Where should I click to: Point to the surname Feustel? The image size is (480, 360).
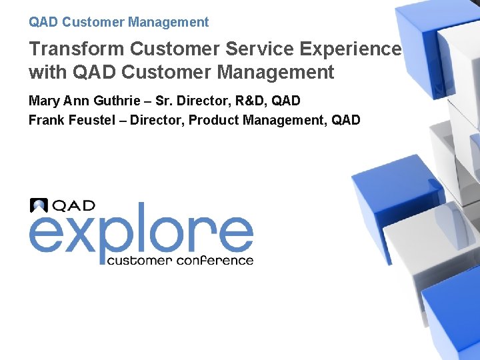[x=94, y=121]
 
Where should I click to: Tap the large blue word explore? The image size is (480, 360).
[x=141, y=232]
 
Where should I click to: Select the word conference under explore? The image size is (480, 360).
[x=215, y=260]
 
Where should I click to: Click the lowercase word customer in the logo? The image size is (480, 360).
[x=139, y=260]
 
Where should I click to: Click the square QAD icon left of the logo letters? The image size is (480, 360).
[x=39, y=205]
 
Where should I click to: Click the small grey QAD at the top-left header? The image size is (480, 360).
[x=43, y=22]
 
